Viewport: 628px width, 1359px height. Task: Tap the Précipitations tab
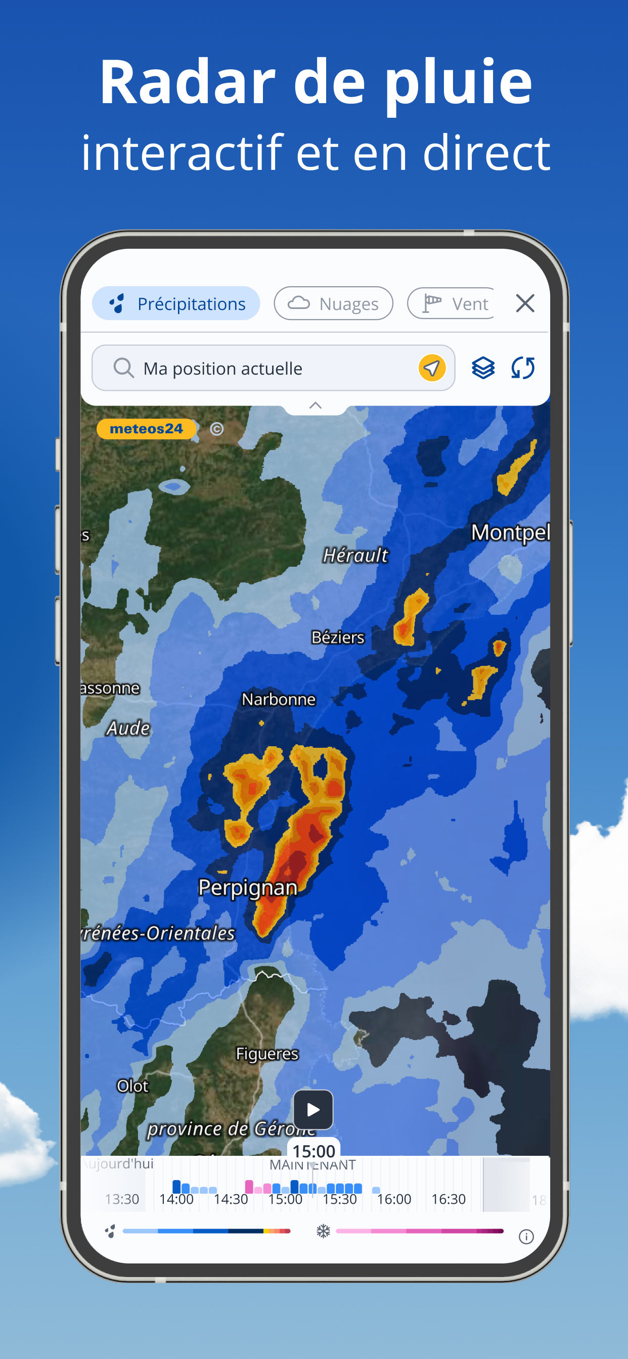176,303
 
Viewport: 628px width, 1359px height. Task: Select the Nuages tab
334,303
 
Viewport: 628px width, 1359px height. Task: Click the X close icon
524,303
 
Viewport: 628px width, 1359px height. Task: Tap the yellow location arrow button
432,368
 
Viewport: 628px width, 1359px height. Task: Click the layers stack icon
483,368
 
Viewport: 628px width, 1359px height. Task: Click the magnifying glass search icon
123,368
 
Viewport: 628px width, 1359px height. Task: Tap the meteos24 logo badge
146,429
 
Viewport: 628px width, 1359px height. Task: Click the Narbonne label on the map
279,700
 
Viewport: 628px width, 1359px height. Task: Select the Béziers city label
338,638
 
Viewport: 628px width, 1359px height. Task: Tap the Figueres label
267,1054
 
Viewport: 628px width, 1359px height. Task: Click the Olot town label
132,1085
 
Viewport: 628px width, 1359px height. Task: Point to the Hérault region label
355,555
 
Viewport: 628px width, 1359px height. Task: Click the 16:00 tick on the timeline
394,1199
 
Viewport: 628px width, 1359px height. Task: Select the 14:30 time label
231,1199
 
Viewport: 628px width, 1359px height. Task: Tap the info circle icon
526,1237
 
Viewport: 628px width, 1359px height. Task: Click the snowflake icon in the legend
323,1231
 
